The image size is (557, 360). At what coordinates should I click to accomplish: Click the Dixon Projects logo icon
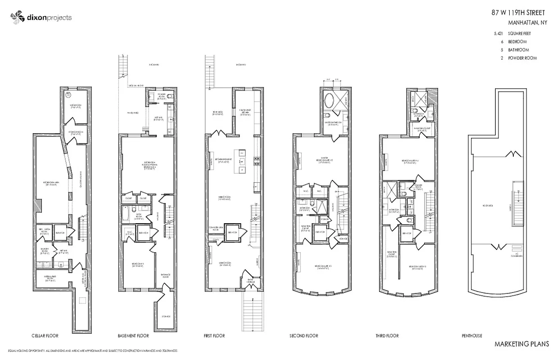[x=17, y=18]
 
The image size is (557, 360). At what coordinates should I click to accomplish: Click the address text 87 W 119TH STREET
[x=519, y=13]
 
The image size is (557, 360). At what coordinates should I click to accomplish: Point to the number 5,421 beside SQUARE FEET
[x=498, y=33]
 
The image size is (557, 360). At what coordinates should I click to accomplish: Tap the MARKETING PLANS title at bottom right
[x=521, y=344]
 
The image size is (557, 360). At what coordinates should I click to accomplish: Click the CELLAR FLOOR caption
[x=45, y=336]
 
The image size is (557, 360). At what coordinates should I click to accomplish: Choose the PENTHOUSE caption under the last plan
[x=471, y=336]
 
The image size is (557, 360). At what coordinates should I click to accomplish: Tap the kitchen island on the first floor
[x=240, y=161]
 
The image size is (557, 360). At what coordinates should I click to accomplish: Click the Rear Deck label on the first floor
[x=218, y=113]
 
